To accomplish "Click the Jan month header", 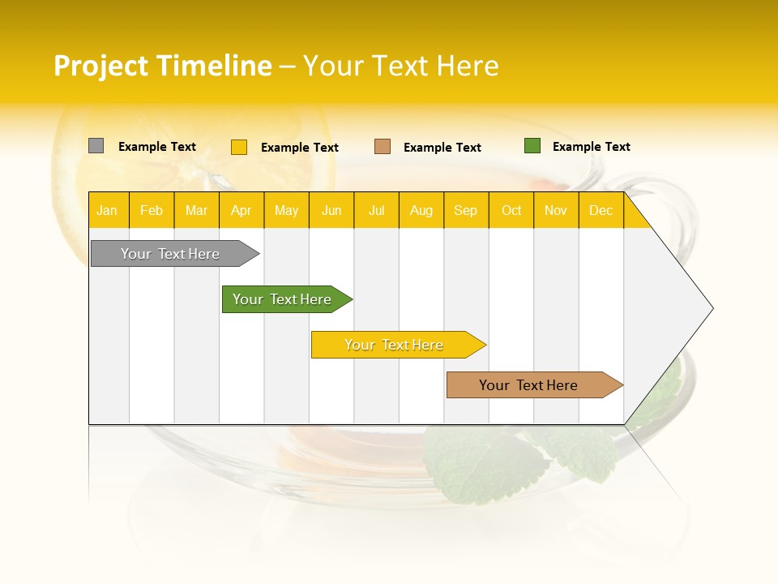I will coord(108,210).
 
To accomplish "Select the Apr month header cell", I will coord(242,210).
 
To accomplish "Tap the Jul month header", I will coord(376,210).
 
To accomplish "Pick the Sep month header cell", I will coord(466,210).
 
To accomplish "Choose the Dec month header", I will coord(601,210).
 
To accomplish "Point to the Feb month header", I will coord(152,210).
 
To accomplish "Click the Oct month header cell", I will coord(511,210).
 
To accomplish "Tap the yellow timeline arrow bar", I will coord(395,345).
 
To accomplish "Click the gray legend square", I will coord(96,146).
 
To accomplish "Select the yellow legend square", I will coord(239,147).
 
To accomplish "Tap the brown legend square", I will coord(383,147).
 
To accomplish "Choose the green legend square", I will coord(532,146).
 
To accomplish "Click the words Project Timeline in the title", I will coord(162,66).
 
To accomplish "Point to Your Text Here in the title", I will coord(400,66).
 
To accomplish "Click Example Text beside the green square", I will coord(591,147).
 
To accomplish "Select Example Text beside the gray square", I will coord(156,147).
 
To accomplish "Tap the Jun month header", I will coord(331,210).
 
